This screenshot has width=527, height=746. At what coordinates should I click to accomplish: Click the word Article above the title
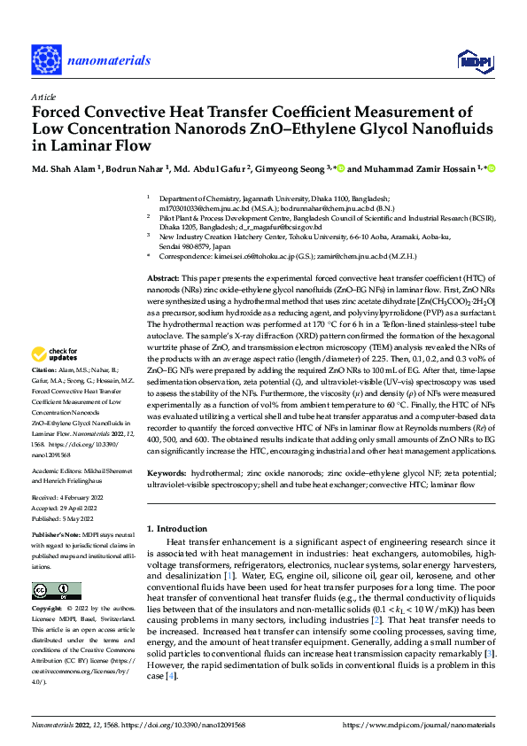43,97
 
